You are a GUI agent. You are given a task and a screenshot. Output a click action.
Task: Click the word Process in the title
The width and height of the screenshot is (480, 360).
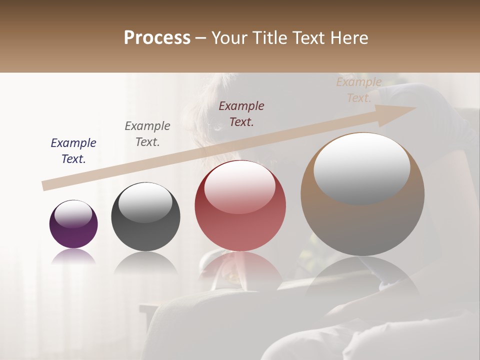tap(157, 38)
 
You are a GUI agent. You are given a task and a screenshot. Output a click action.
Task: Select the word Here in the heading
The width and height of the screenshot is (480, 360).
tap(348, 38)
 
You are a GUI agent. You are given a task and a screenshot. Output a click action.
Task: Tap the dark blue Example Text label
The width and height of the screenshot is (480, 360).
tap(73, 151)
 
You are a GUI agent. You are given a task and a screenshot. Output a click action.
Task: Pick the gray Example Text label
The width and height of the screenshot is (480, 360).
tap(147, 134)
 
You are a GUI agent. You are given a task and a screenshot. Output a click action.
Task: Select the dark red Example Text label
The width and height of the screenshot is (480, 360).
tap(241, 114)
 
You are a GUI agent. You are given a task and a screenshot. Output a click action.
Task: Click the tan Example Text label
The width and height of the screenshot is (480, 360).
tap(359, 90)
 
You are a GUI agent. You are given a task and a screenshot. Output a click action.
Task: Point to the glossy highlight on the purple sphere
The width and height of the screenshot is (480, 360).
tap(73, 213)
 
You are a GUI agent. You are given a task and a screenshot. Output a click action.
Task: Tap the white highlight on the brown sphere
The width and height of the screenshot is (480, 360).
tap(361, 167)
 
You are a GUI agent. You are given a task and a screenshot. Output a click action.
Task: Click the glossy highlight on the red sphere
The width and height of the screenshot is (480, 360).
tap(239, 186)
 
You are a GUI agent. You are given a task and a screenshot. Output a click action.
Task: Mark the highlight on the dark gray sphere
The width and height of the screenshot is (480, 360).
tap(145, 202)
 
